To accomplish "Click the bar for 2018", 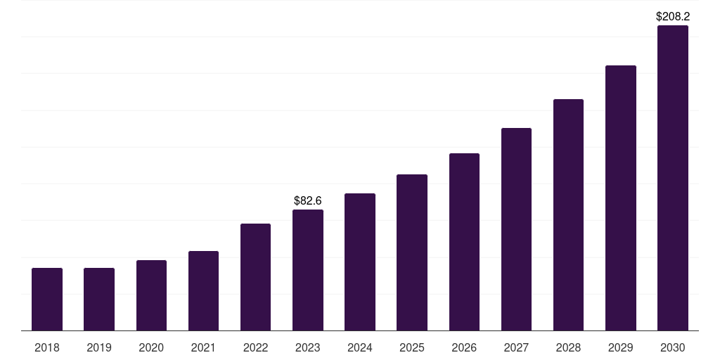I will pyautogui.click(x=47, y=299).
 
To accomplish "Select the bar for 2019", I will pyautogui.click(x=99, y=299).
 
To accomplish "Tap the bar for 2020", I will pyautogui.click(x=151, y=295).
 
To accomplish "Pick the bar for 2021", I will pyautogui.click(x=203, y=290).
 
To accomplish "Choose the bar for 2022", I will pyautogui.click(x=255, y=277).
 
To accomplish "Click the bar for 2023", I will pyautogui.click(x=308, y=270).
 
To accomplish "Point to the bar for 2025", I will pyautogui.click(x=412, y=252).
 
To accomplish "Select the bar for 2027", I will pyautogui.click(x=516, y=229).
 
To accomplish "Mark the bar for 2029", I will pyautogui.click(x=620, y=198).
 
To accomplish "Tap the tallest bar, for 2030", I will pyautogui.click(x=673, y=178).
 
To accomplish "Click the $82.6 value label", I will pyautogui.click(x=308, y=201).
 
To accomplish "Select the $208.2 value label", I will pyautogui.click(x=673, y=16).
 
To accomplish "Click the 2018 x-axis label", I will pyautogui.click(x=47, y=347).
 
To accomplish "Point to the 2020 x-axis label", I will pyautogui.click(x=151, y=347).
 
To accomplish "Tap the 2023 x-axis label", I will pyautogui.click(x=308, y=347).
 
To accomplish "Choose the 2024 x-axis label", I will pyautogui.click(x=360, y=347).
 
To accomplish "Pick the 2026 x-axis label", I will pyautogui.click(x=464, y=347).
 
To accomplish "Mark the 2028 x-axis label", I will pyautogui.click(x=568, y=347).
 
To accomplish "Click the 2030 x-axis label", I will pyautogui.click(x=673, y=347).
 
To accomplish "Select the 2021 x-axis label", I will pyautogui.click(x=203, y=347).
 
